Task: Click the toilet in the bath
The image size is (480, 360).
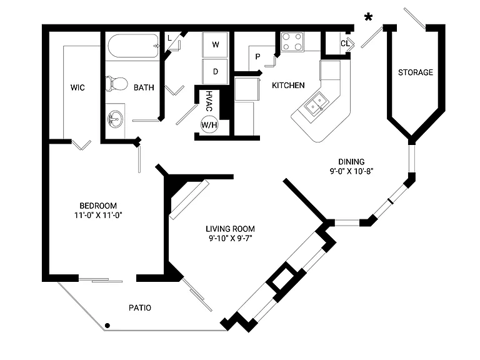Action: pyautogui.click(x=116, y=84)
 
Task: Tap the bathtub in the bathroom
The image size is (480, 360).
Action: pyautogui.click(x=134, y=46)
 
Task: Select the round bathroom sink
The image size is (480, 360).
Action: pyautogui.click(x=116, y=119)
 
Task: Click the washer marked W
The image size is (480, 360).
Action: pyautogui.click(x=215, y=45)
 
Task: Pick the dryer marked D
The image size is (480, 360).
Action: pyautogui.click(x=215, y=72)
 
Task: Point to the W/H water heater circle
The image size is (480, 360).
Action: pyautogui.click(x=209, y=124)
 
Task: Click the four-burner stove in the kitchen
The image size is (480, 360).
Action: pyautogui.click(x=292, y=42)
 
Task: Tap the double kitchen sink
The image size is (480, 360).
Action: pyautogui.click(x=316, y=104)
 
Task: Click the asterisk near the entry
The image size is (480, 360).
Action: pyautogui.click(x=368, y=17)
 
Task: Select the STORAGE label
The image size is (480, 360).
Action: pyautogui.click(x=416, y=72)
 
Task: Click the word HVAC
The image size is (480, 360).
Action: pyautogui.click(x=209, y=101)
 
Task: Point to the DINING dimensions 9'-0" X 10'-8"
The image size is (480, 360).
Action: pyautogui.click(x=351, y=171)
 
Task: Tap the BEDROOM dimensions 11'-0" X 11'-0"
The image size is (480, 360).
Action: pyautogui.click(x=98, y=215)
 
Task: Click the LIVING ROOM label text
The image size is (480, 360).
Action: pyautogui.click(x=230, y=229)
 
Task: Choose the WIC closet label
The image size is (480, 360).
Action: pyautogui.click(x=77, y=87)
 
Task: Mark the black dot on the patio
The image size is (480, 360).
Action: pyautogui.click(x=107, y=326)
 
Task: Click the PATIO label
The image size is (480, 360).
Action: pyautogui.click(x=140, y=307)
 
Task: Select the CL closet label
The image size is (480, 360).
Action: pyautogui.click(x=345, y=44)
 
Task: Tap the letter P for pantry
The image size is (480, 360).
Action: pyautogui.click(x=257, y=57)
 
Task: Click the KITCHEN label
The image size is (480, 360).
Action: pyautogui.click(x=288, y=86)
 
